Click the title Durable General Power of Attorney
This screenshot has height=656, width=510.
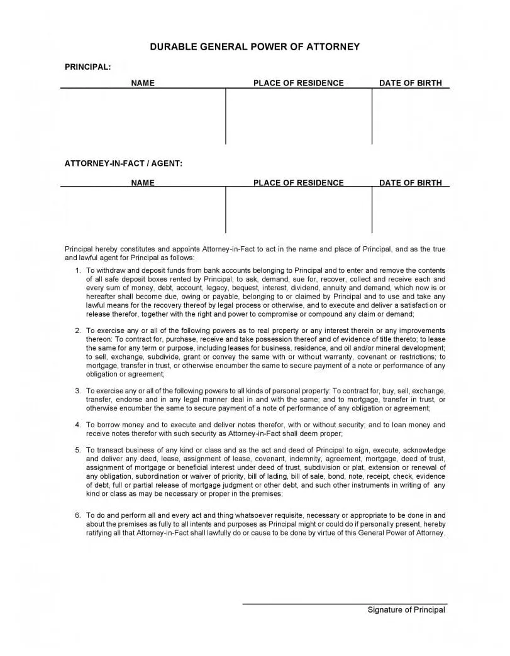[255, 46]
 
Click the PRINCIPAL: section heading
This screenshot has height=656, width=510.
[87, 67]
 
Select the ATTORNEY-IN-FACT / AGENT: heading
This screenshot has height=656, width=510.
[123, 163]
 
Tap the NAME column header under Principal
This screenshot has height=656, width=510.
[143, 83]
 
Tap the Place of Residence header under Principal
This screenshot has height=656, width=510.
[298, 83]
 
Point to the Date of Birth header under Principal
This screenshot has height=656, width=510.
[410, 83]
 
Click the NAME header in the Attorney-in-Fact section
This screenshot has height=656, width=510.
[143, 183]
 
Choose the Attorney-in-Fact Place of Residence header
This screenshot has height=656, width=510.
[298, 183]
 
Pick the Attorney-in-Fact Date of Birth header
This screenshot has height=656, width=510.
[410, 183]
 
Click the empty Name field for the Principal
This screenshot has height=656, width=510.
[143, 116]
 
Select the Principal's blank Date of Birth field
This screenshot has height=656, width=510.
[410, 116]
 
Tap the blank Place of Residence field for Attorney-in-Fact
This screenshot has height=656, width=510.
[298, 210]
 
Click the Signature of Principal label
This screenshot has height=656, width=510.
[406, 610]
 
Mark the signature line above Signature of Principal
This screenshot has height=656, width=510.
[344, 604]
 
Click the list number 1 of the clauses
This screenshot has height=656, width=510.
[77, 270]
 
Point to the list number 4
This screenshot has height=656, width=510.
[77, 425]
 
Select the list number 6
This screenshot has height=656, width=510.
[77, 515]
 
